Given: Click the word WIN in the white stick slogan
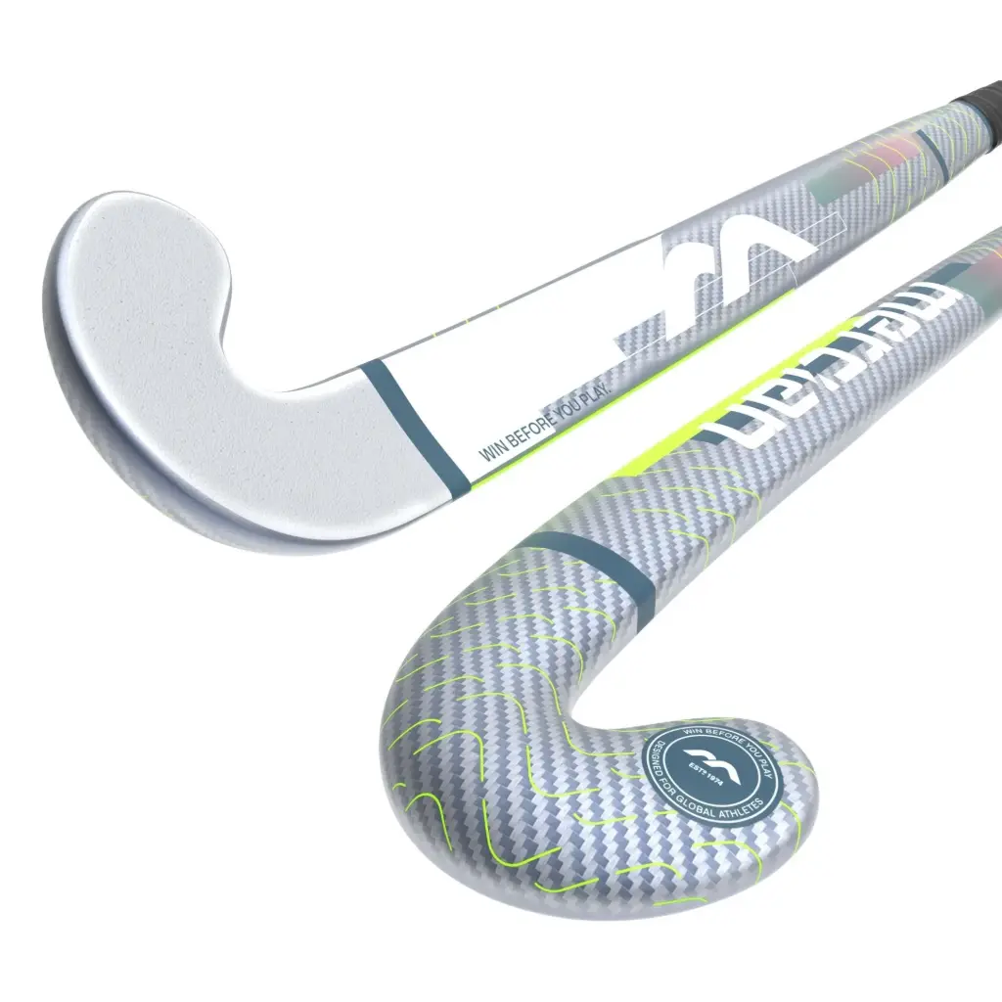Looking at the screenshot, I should pyautogui.click(x=487, y=451).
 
